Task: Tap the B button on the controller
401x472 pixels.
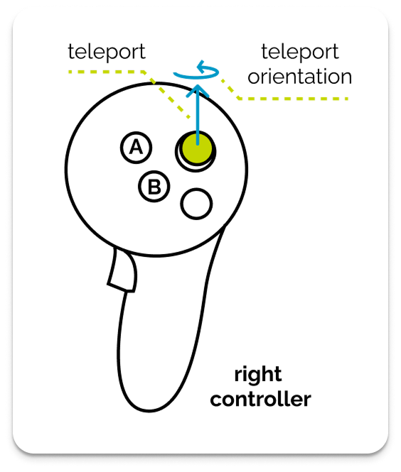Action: [154, 187]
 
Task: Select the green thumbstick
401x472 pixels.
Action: [196, 148]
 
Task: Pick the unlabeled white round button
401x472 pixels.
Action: [196, 204]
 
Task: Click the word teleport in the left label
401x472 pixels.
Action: [107, 52]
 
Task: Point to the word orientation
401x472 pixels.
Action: [299, 76]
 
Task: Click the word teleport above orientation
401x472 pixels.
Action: [299, 52]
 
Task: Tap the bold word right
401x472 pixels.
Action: [258, 375]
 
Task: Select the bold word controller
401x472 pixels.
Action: [260, 399]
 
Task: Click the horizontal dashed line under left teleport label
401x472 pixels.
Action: [107, 71]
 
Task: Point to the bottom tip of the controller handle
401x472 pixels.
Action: [153, 410]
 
